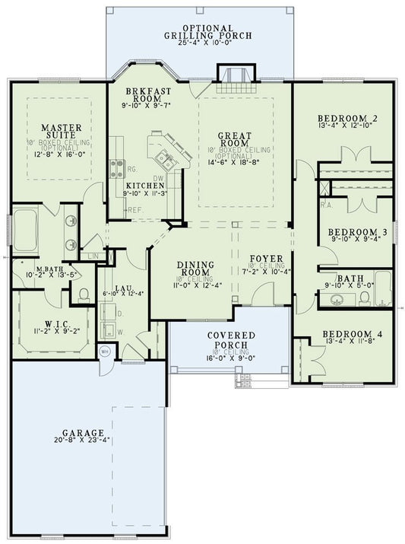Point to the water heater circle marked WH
click(x=106, y=352)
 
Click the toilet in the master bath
click(x=84, y=294)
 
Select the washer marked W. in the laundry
click(x=109, y=331)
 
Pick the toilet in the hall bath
click(x=364, y=298)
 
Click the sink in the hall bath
click(x=334, y=299)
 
